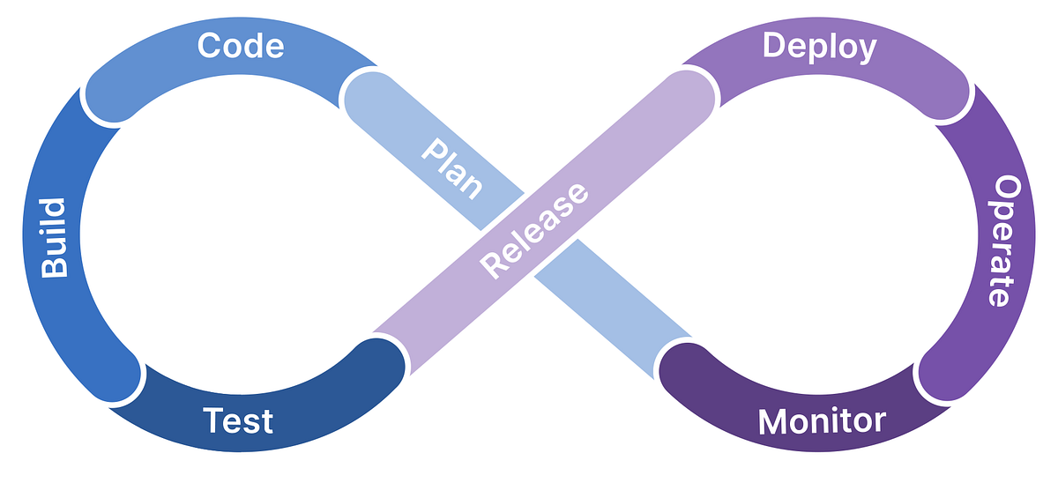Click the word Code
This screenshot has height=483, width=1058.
tap(241, 45)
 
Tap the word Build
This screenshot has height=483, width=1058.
tap(55, 238)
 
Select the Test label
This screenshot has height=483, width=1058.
tap(237, 420)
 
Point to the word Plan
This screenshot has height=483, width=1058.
tap(452, 167)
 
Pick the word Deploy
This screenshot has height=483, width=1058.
tap(820, 46)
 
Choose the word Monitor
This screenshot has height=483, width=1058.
tap(821, 420)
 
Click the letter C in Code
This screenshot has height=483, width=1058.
tap(209, 45)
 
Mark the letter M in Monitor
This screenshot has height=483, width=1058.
tap(773, 420)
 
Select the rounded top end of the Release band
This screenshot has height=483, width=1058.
tap(697, 89)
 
